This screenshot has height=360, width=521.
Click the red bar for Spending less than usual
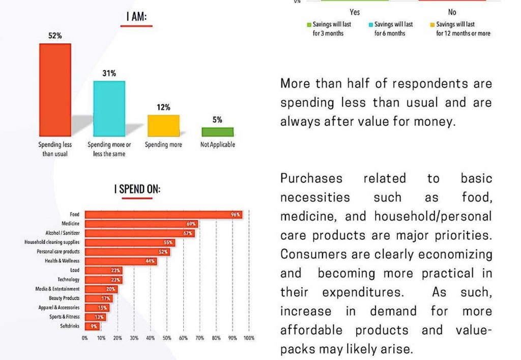pyautogui.click(x=55, y=90)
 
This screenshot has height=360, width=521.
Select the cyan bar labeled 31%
pyautogui.click(x=108, y=108)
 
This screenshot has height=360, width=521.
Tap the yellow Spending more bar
pyautogui.click(x=163, y=125)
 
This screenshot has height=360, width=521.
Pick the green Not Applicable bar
pyautogui.click(x=217, y=132)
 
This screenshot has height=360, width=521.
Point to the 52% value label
pyautogui.click(x=55, y=36)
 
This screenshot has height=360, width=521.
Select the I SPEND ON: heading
pyautogui.click(x=137, y=189)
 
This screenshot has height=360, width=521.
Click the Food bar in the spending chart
pyautogui.click(x=163, y=215)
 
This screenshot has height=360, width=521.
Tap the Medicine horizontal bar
pyautogui.click(x=141, y=224)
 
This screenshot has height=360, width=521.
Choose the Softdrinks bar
pyautogui.click(x=92, y=326)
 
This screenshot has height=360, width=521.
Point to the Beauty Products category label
pyautogui.click(x=64, y=298)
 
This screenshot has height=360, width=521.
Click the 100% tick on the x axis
pyautogui.click(x=249, y=338)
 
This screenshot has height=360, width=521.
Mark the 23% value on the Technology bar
pyautogui.click(x=116, y=280)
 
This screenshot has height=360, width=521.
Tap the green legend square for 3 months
pyautogui.click(x=308, y=24)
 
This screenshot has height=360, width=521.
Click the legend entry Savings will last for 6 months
pyautogui.click(x=393, y=29)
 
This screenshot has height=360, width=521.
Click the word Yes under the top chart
pyautogui.click(x=355, y=12)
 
